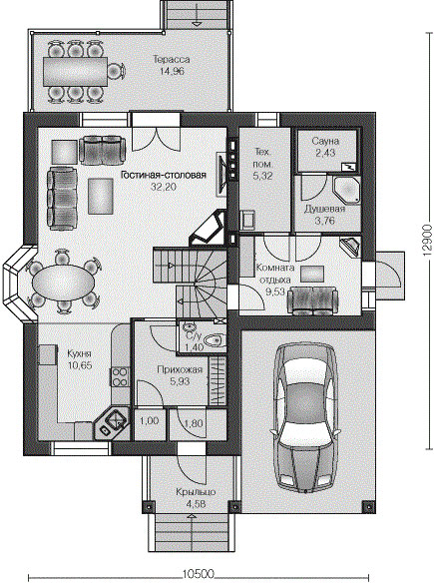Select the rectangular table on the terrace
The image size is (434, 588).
pos(76,71)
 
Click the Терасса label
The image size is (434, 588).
pos(172,59)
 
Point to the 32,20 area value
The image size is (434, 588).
pos(164,187)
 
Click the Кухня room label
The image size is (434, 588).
pos(79,353)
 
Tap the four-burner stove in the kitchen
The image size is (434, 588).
pos(119,377)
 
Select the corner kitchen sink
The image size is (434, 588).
pos(113,422)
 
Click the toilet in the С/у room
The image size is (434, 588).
pos(215,340)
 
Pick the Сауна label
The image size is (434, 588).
pos(325,142)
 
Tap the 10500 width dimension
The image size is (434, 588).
pos(199,574)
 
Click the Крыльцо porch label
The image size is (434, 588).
pos(196,491)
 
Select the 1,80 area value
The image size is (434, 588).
pos(193,423)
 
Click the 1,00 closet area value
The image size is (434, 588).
pos(150,420)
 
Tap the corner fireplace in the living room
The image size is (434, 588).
pos(208,229)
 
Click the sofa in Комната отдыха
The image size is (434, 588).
pos(312,300)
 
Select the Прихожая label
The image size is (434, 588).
pos(180,369)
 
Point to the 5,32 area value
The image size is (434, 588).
pos(263,176)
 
